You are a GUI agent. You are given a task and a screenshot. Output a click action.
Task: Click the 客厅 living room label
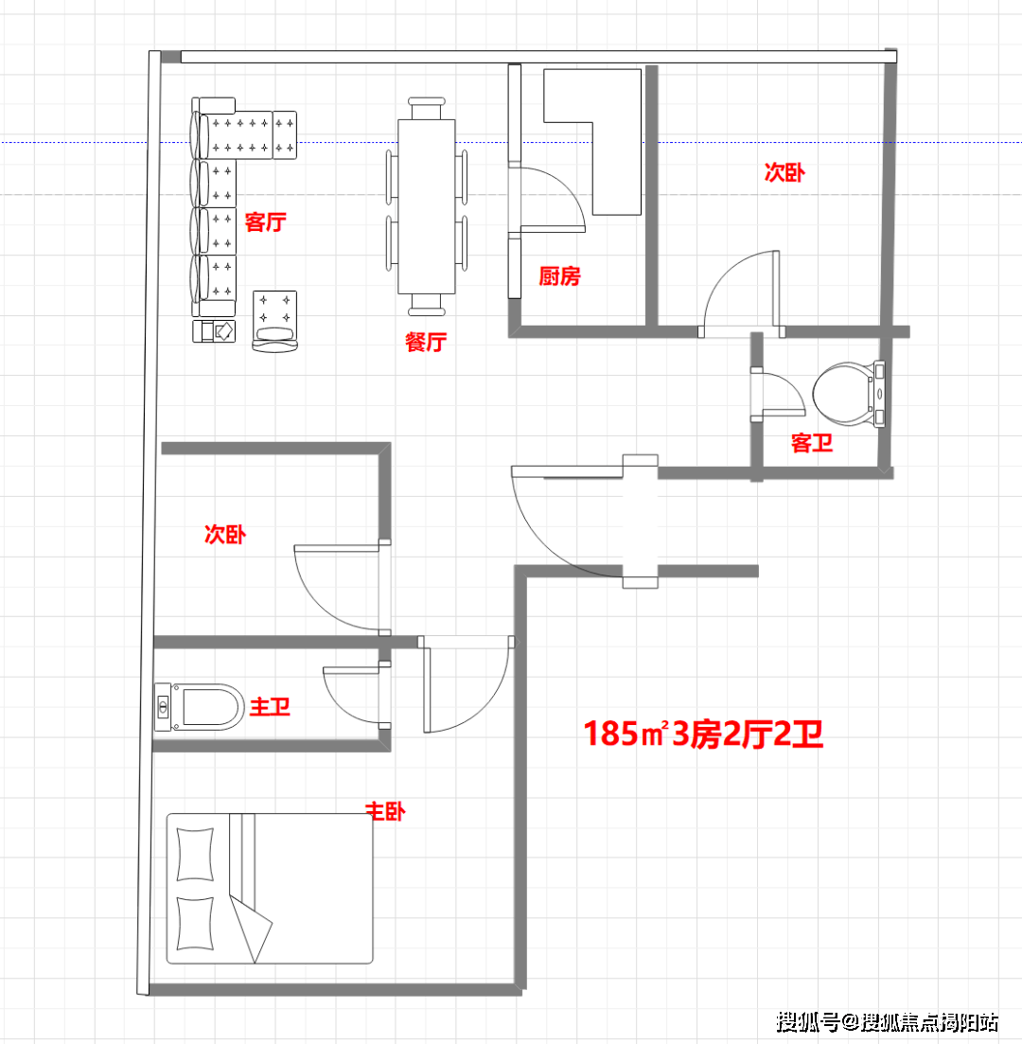point(266,221)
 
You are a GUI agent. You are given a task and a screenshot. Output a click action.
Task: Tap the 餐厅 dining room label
point(426,343)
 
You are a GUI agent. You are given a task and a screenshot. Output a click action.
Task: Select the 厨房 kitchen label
point(560,275)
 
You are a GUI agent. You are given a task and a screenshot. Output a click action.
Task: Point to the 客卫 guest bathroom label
point(812,443)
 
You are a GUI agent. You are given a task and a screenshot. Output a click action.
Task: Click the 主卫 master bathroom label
point(270,706)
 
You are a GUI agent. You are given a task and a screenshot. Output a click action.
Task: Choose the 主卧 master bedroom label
point(385,811)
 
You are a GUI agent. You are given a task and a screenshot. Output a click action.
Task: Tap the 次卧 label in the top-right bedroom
point(784,172)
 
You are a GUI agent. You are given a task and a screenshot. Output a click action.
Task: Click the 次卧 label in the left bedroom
point(225,534)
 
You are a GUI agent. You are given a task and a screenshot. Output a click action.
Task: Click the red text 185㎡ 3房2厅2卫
point(704,734)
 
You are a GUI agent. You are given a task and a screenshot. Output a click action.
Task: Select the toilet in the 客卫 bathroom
point(849,394)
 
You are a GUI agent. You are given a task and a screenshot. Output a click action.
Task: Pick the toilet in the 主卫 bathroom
point(200,706)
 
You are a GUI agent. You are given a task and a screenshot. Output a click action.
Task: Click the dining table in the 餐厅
point(427,206)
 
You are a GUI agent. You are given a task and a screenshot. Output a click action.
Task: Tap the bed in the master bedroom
point(270,888)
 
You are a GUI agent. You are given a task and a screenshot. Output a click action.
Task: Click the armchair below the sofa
point(275,321)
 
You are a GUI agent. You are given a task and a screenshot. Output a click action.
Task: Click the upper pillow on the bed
point(195,855)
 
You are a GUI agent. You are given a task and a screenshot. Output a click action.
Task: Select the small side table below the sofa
point(214,331)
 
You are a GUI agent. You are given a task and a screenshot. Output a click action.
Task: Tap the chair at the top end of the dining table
point(427,108)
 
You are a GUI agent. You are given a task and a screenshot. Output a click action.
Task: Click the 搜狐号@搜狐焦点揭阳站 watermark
point(888,1021)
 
